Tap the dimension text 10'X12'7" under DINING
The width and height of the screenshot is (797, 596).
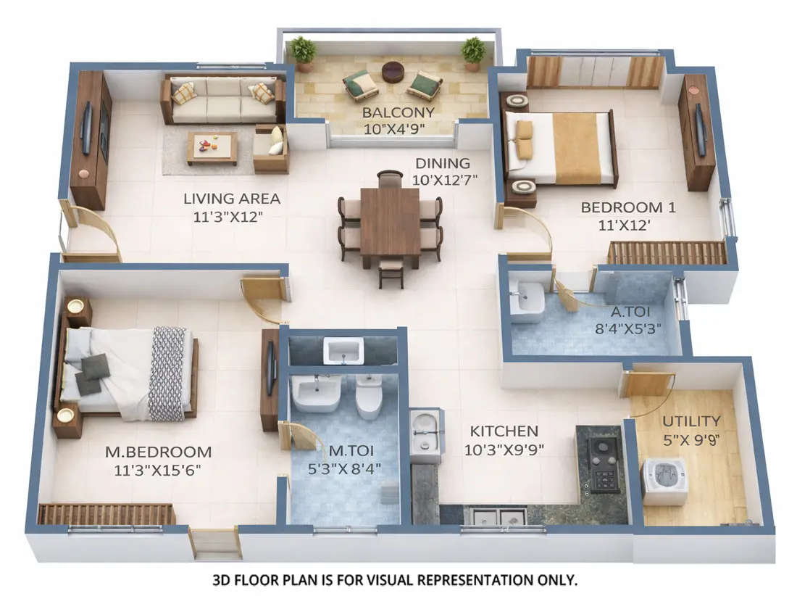(444, 178)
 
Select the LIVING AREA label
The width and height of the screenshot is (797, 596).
(231, 198)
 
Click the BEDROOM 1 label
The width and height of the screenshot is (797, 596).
(627, 207)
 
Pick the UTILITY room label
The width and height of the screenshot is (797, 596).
(691, 421)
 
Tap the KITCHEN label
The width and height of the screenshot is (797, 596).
(504, 431)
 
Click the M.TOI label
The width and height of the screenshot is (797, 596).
(345, 452)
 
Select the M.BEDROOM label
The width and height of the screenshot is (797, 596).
(158, 452)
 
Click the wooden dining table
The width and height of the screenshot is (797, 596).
(390, 221)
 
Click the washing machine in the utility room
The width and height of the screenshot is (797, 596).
(664, 481)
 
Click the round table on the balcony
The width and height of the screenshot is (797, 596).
(393, 72)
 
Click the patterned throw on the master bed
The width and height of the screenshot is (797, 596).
(167, 373)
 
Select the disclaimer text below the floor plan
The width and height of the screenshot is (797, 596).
(394, 580)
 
